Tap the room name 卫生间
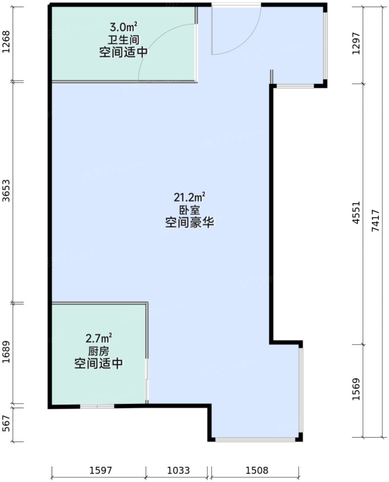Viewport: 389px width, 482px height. pos(123,40)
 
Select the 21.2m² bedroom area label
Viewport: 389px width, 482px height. pos(189,197)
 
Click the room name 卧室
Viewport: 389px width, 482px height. pos(189,211)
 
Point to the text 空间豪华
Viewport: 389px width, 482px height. pos(189,224)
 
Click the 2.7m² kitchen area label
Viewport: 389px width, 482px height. pos(99,337)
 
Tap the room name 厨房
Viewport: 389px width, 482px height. pos(98,351)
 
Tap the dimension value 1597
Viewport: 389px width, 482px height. pos(100,471)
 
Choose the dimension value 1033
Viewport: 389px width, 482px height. pos(178,471)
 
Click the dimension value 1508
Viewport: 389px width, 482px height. pos(257,471)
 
